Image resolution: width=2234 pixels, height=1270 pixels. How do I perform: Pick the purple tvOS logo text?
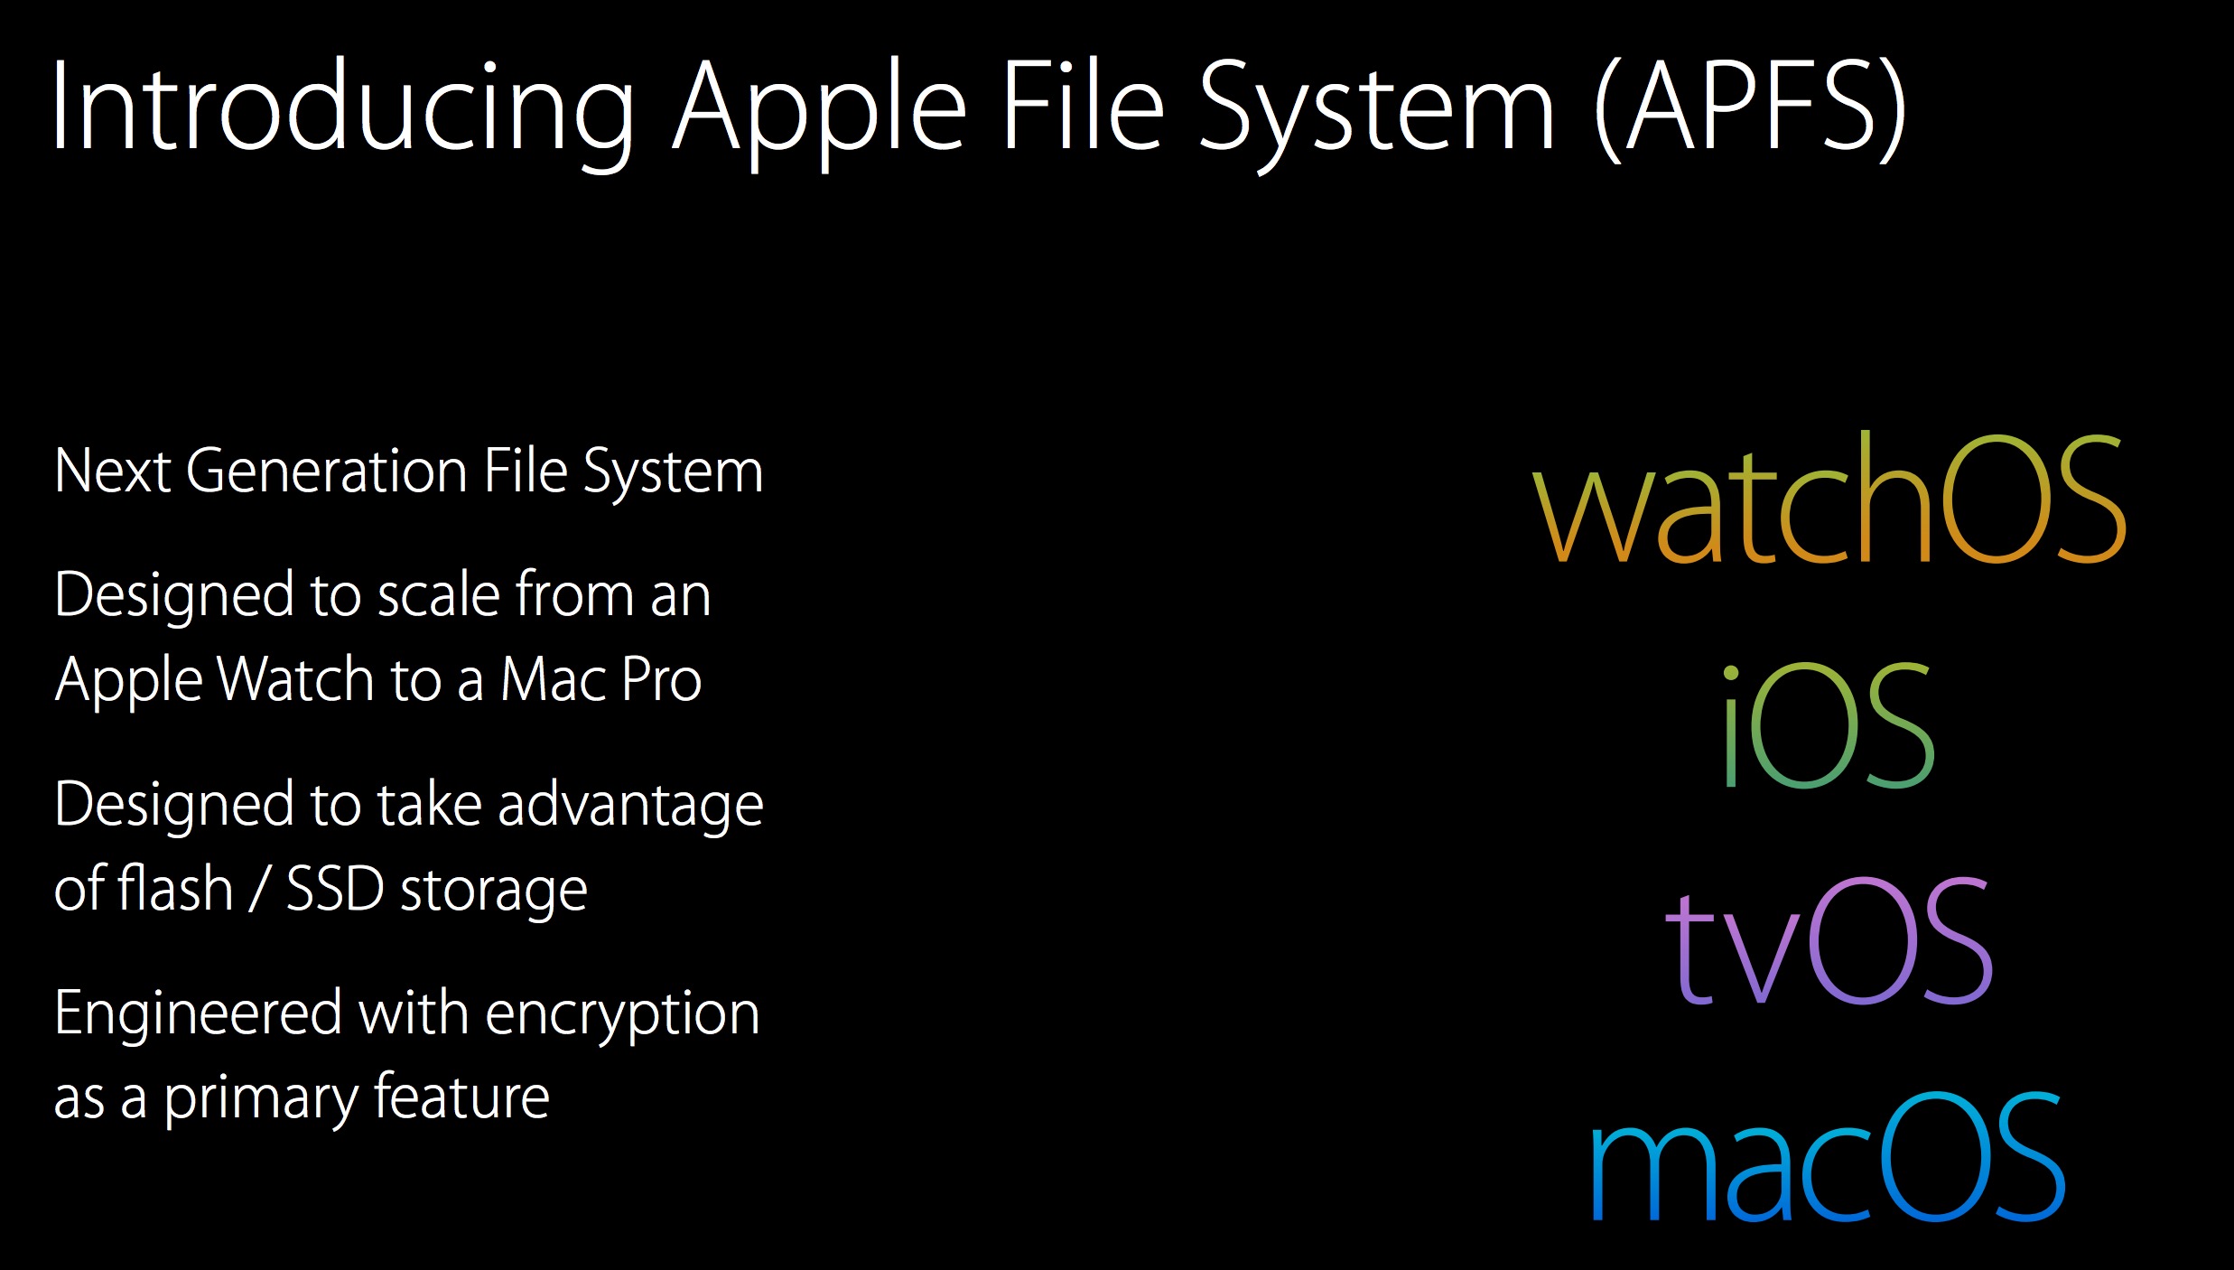click(x=1829, y=943)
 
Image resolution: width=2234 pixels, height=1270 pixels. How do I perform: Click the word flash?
click(x=176, y=889)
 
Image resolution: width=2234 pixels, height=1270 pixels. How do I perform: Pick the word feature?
click(x=461, y=1098)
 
